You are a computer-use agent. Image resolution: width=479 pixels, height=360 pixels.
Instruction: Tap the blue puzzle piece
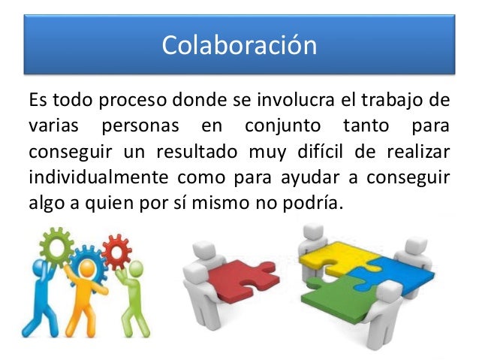click(x=394, y=271)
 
